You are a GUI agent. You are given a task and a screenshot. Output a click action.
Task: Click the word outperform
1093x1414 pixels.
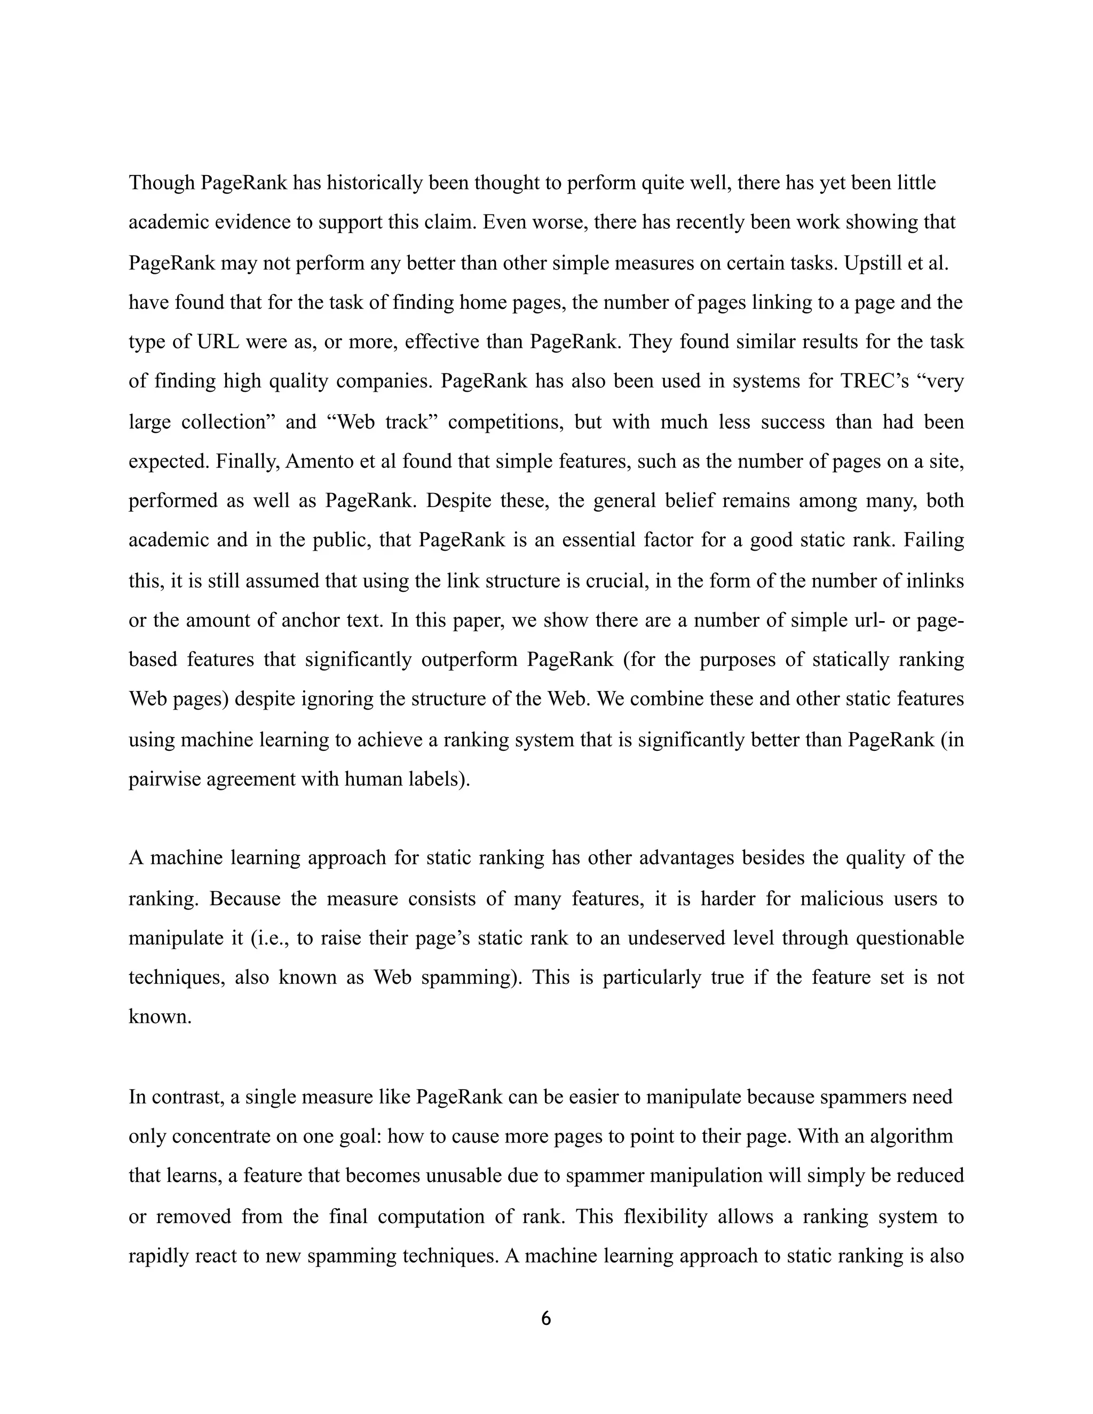(x=469, y=660)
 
